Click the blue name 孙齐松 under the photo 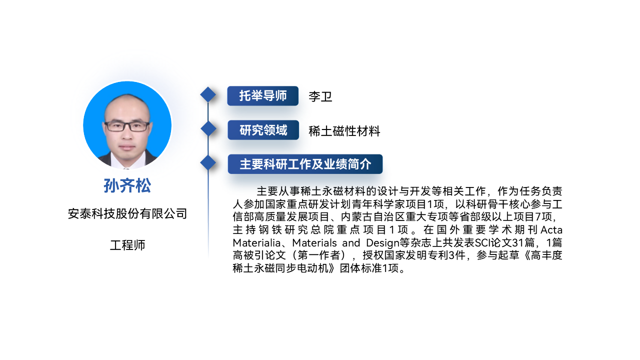coord(127,185)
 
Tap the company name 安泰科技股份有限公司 coord(127,213)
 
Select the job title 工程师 coord(127,245)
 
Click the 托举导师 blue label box coord(263,95)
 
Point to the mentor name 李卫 coord(320,96)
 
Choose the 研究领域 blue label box coord(263,130)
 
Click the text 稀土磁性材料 coord(344,131)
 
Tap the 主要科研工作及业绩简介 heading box coord(305,164)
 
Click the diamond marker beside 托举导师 coord(208,94)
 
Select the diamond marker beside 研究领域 coord(208,128)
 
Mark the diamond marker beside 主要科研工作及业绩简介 coord(208,163)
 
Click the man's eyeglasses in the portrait coord(127,126)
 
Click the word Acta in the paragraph coord(551,229)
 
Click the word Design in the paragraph coord(382,243)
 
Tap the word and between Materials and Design coord(351,243)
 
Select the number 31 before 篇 coord(517,243)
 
